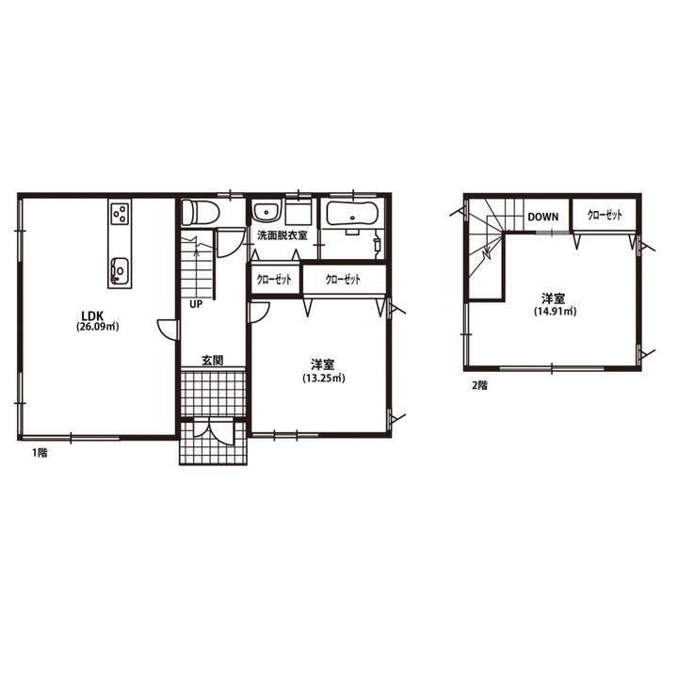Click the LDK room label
point(91,315)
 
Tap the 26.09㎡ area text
point(97,327)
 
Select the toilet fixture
point(200,212)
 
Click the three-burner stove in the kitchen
point(120,214)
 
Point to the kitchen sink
point(120,271)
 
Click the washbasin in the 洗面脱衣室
point(266,212)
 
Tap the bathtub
point(352,214)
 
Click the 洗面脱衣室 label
point(282,236)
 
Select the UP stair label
point(196,304)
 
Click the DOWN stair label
point(543,217)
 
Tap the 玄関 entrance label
point(213,360)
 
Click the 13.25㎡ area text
point(323,379)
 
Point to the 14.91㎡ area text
point(555,312)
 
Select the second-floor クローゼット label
point(605,215)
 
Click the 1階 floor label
point(40,453)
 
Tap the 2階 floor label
point(479,386)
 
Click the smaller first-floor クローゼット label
point(274,280)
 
